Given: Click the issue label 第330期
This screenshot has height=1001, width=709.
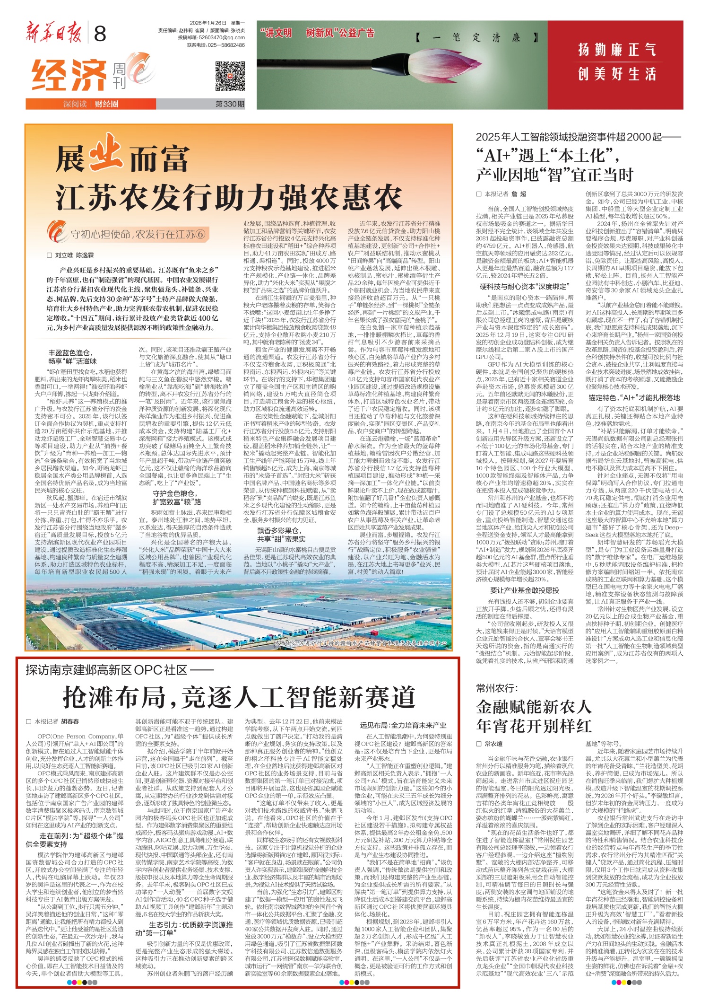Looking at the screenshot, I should [230, 104].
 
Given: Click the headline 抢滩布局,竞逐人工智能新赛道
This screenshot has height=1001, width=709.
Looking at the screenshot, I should [239, 697].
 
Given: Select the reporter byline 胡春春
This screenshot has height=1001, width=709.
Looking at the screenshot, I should [70, 722].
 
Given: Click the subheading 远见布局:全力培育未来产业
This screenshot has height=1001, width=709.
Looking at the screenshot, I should [403, 725].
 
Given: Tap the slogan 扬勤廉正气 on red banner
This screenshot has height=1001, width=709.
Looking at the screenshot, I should [617, 50].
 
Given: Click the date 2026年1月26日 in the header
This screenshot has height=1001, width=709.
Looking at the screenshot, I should [208, 23].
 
